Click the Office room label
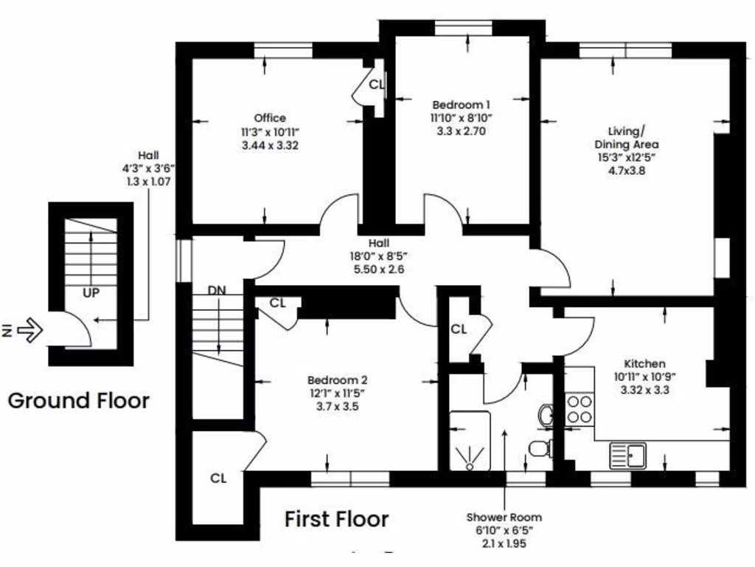[270, 118]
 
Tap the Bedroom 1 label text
[461, 105]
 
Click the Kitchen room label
[644, 363]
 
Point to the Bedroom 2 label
[337, 380]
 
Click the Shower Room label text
[504, 518]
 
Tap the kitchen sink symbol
[627, 456]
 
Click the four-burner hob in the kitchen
[579, 409]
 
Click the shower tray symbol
[470, 441]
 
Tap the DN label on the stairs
[217, 291]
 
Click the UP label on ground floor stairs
[91, 292]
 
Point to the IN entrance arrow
[24, 330]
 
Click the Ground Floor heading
[78, 401]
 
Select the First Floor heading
[336, 519]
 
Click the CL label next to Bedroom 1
[376, 84]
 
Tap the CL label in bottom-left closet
[218, 478]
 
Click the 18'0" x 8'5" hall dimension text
[379, 256]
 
